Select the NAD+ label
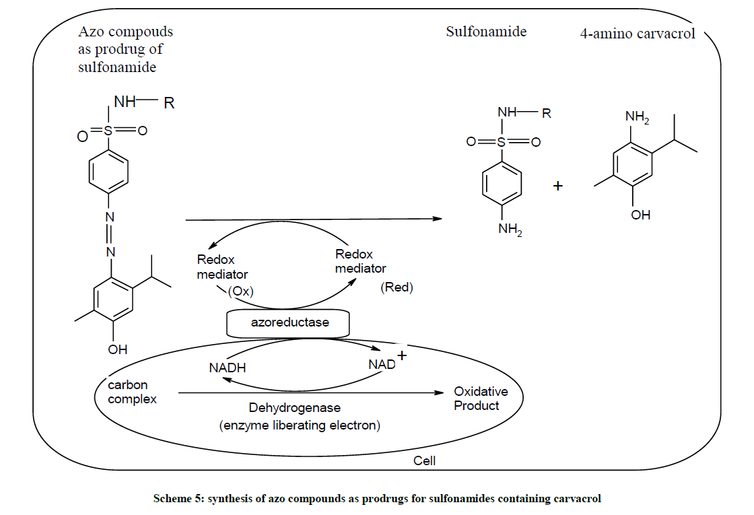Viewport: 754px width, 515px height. click(386, 363)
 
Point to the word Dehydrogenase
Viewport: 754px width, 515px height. click(294, 408)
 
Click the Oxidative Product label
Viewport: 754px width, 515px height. click(480, 399)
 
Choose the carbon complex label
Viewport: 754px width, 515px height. click(132, 392)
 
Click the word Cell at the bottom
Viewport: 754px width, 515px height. click(424, 461)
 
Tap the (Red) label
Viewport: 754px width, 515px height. click(397, 287)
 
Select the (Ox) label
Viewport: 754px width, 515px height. click(240, 291)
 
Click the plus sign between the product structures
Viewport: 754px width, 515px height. click(557, 186)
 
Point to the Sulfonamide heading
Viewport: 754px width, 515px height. click(486, 32)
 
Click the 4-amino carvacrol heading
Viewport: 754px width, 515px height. click(638, 34)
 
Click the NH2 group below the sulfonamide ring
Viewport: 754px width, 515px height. click(510, 230)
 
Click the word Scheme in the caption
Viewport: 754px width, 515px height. click(172, 499)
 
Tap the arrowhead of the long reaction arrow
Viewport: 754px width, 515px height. click(438, 219)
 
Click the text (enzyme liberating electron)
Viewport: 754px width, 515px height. click(300, 425)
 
